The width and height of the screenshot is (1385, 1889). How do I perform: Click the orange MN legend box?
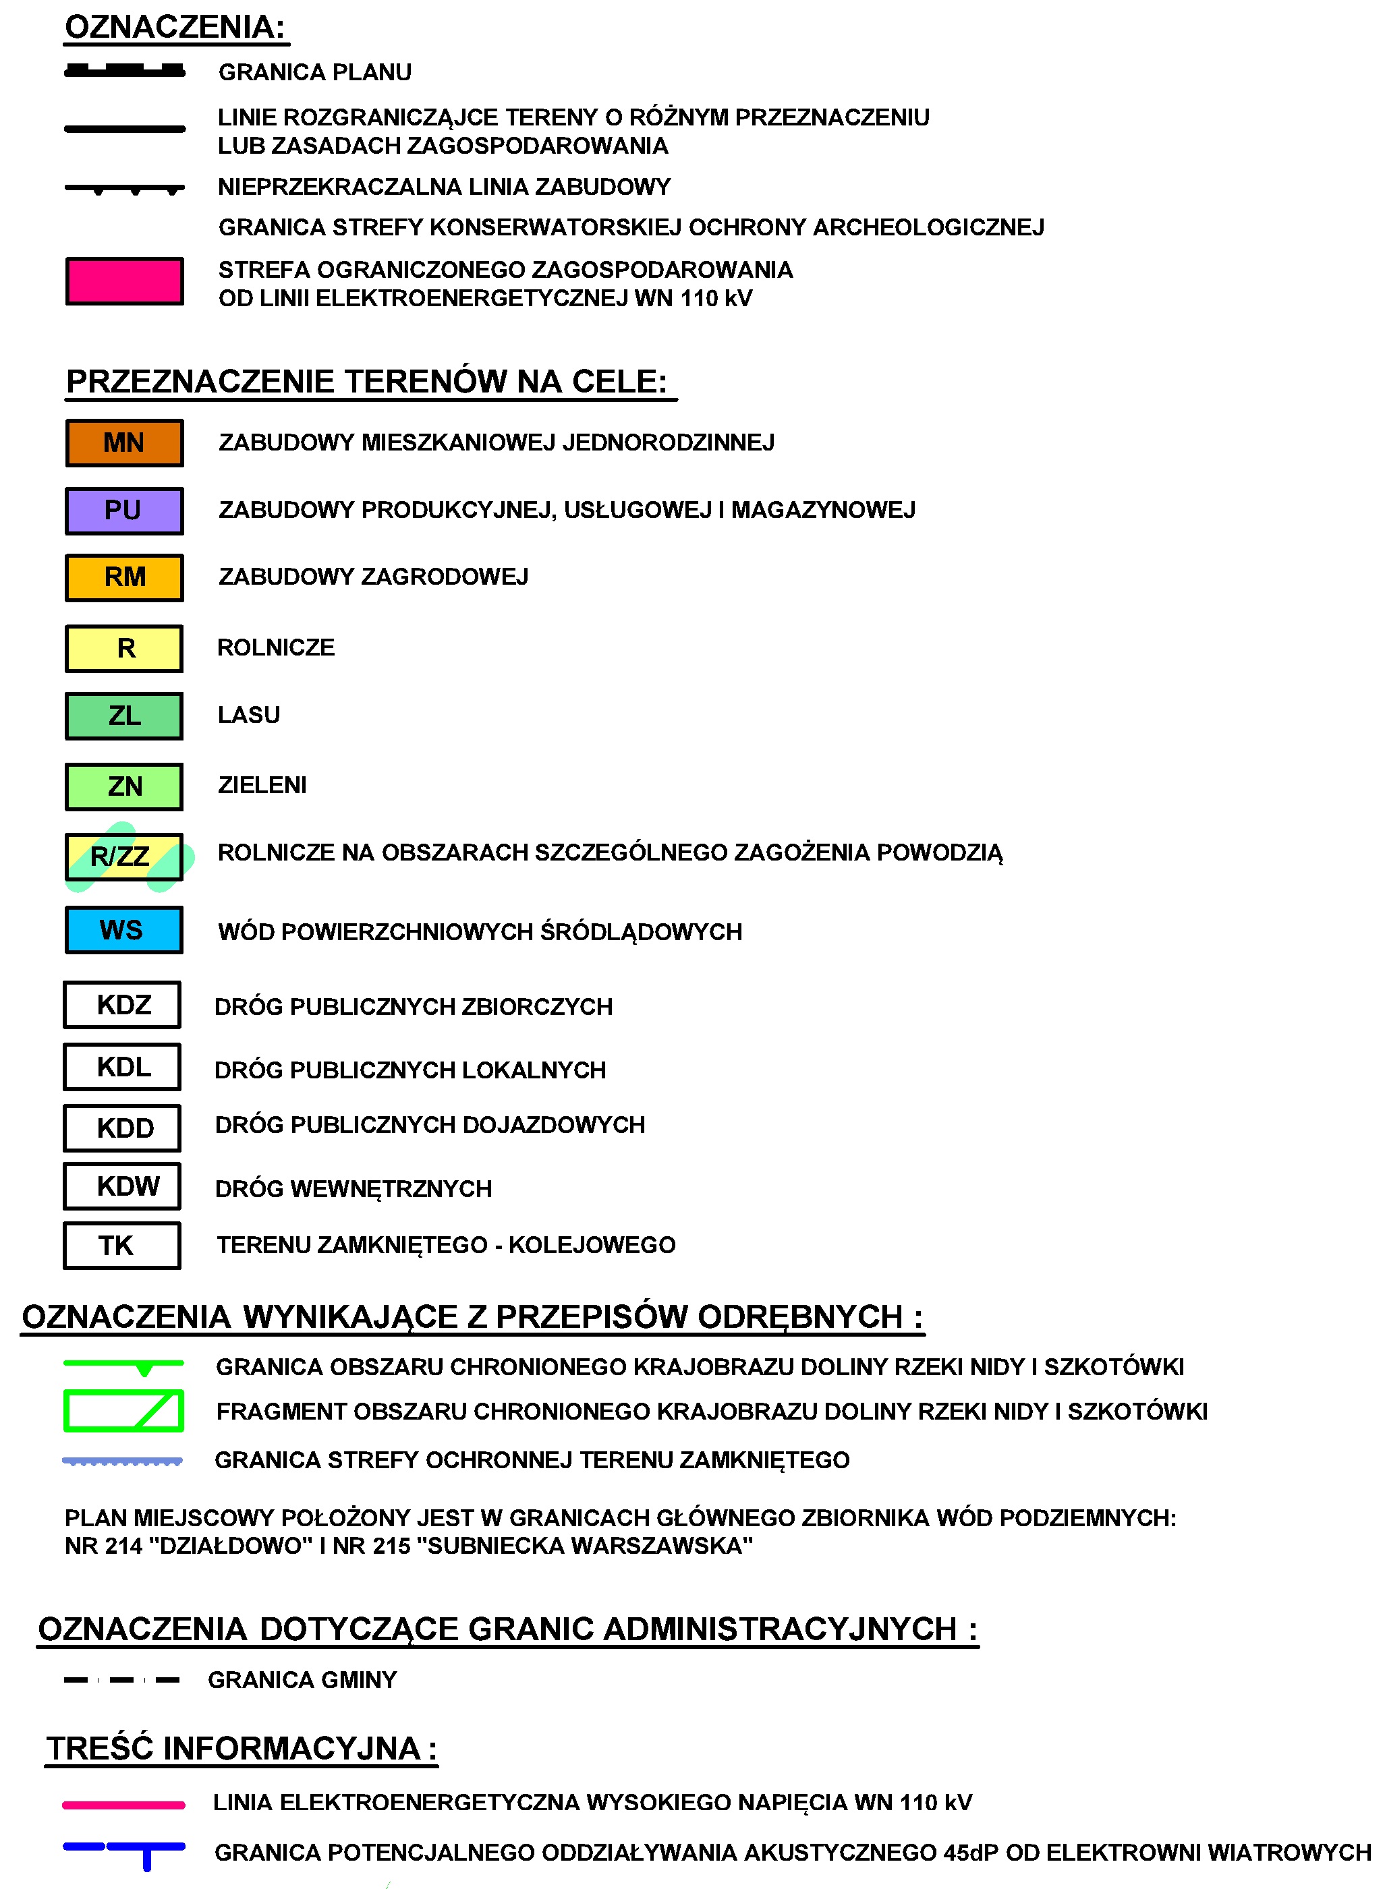[x=124, y=442]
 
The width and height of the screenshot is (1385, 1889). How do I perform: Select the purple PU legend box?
[x=124, y=511]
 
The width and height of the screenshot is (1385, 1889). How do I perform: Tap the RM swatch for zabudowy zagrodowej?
[x=124, y=577]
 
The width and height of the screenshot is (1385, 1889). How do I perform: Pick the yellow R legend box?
[x=124, y=648]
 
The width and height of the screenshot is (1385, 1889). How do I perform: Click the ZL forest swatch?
[x=124, y=716]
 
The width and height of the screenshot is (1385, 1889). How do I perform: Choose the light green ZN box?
[x=124, y=786]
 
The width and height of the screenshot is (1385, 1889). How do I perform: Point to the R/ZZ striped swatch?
[x=124, y=856]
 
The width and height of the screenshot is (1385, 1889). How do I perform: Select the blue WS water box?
[x=124, y=929]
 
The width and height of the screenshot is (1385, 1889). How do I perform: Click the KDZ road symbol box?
[x=122, y=1004]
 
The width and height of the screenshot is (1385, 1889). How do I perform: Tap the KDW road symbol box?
[x=122, y=1186]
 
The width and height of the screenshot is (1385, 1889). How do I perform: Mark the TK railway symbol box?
[x=122, y=1246]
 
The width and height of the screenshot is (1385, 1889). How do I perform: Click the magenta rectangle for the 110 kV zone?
[x=124, y=281]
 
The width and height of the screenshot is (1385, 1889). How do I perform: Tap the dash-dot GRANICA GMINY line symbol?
[x=122, y=1679]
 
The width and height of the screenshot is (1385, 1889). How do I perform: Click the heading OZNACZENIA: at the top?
[x=175, y=28]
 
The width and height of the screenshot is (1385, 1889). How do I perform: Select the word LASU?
[x=249, y=715]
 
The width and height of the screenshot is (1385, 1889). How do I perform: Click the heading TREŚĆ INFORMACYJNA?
[x=241, y=1748]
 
